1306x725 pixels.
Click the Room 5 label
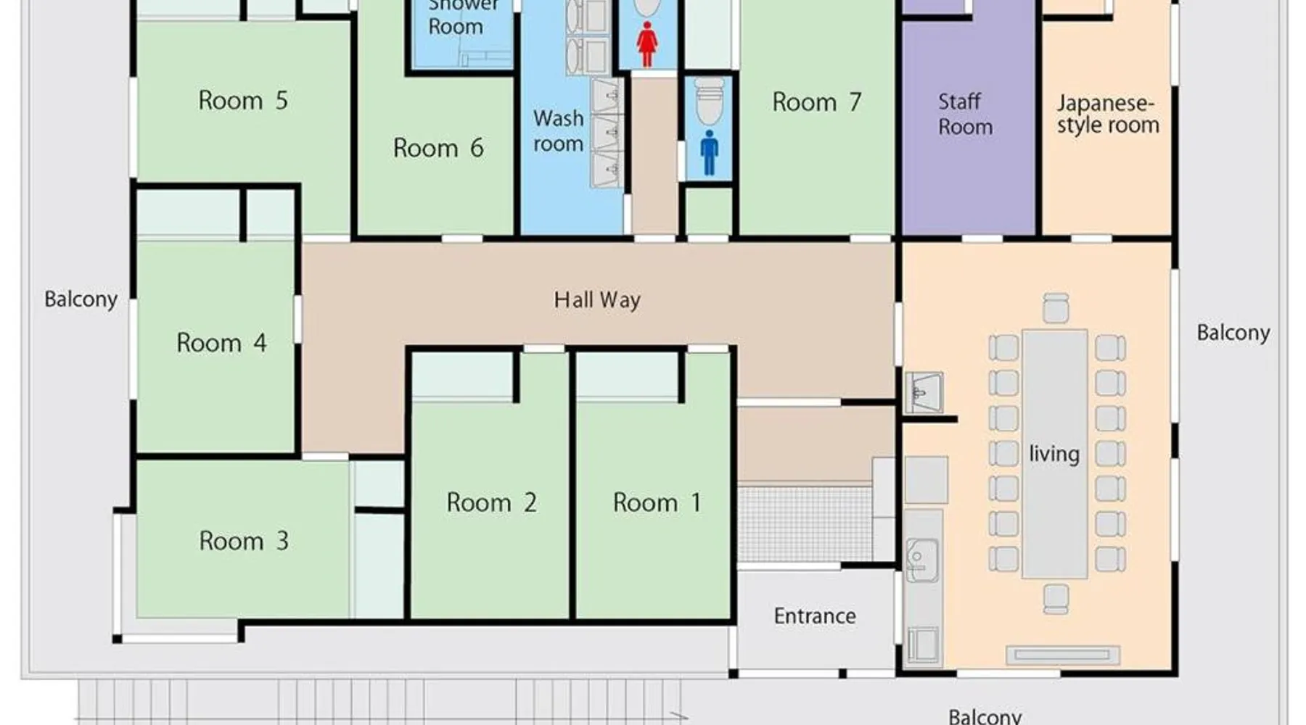(x=243, y=100)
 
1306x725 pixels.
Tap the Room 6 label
(x=438, y=148)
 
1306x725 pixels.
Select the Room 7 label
(x=817, y=102)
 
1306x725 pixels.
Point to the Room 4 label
(x=221, y=342)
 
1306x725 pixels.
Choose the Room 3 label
(x=244, y=541)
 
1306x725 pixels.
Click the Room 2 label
(x=491, y=502)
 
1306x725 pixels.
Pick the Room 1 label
(x=657, y=502)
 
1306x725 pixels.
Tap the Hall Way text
(x=597, y=300)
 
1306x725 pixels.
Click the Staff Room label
(x=965, y=114)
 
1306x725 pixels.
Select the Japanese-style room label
(x=1108, y=115)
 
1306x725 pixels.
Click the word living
(x=1054, y=455)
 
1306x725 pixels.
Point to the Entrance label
(x=815, y=616)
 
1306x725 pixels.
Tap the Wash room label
(x=558, y=131)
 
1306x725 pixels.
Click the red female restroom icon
(x=646, y=44)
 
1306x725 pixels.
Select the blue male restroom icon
(x=709, y=153)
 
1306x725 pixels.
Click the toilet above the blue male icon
(x=709, y=101)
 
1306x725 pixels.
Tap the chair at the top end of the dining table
(x=1056, y=308)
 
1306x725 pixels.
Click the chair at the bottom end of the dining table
(x=1056, y=599)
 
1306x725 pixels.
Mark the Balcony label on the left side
(x=81, y=299)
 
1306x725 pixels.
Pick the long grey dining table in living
(x=1055, y=454)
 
